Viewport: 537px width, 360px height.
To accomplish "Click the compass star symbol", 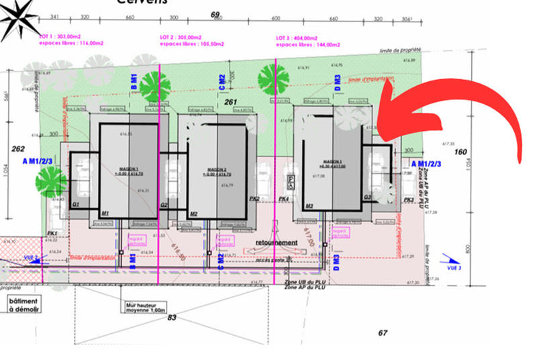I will pos(18,19).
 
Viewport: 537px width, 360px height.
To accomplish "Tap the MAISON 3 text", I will pos(333,163).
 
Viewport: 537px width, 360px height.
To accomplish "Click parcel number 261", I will pos(232,102).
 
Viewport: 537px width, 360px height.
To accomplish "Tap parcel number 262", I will pos(18,149).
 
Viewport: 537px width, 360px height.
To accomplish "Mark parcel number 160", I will pos(460,152).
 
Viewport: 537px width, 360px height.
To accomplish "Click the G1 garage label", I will pos(76,204).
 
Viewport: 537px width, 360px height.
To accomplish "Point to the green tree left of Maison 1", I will pos(51,180).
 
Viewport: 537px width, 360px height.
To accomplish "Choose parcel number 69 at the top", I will pos(215,14).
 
